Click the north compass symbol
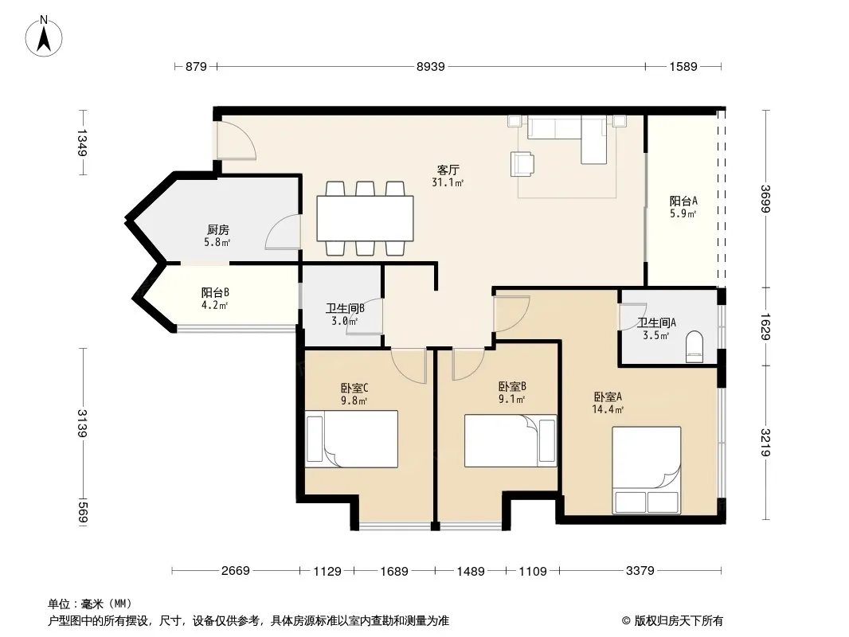[x=44, y=37]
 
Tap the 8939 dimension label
[x=430, y=67]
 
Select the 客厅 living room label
[x=448, y=170]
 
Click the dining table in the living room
[x=365, y=218]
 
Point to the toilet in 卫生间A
[x=694, y=347]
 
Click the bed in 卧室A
[x=647, y=470]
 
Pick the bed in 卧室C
[x=351, y=439]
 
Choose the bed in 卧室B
[x=511, y=440]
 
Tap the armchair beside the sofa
[x=522, y=164]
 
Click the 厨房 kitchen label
[x=218, y=229]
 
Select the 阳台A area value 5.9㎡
[x=683, y=213]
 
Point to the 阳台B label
[x=216, y=293]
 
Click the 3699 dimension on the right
[x=765, y=198]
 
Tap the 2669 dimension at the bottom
[x=236, y=570]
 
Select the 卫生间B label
[x=345, y=308]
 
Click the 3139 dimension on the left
[x=82, y=424]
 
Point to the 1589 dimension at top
[x=683, y=67]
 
